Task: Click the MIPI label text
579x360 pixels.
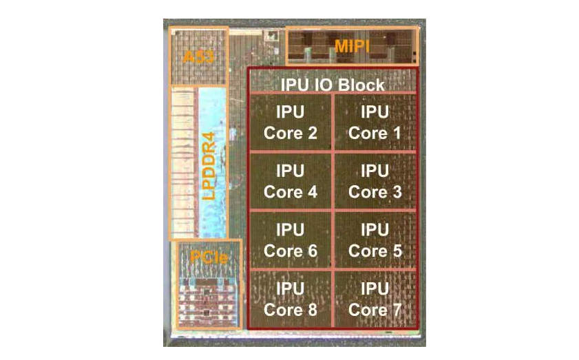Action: click(352, 45)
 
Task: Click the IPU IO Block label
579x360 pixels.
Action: click(333, 84)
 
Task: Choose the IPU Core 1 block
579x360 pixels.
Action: click(375, 122)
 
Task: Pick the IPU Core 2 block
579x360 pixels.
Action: click(290, 122)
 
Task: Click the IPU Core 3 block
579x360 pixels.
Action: click(375, 180)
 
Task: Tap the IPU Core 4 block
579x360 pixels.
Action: click(290, 180)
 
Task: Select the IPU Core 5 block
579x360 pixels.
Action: click(375, 240)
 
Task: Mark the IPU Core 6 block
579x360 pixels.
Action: click(290, 240)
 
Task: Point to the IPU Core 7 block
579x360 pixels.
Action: click(375, 299)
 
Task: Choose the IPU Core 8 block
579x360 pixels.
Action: click(290, 299)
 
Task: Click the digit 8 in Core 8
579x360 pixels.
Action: click(312, 310)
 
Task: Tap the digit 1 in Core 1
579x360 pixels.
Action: click(395, 133)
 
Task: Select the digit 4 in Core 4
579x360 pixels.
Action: click(312, 192)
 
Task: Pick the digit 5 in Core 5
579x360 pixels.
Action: click(396, 251)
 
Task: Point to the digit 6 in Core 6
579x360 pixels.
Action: click(312, 251)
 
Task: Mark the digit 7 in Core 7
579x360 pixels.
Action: click(396, 310)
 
